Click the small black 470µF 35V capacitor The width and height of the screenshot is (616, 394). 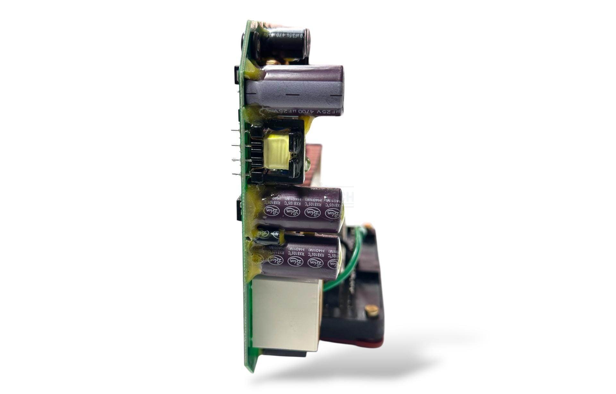click(282, 43)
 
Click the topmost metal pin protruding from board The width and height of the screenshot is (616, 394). click(235, 131)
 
